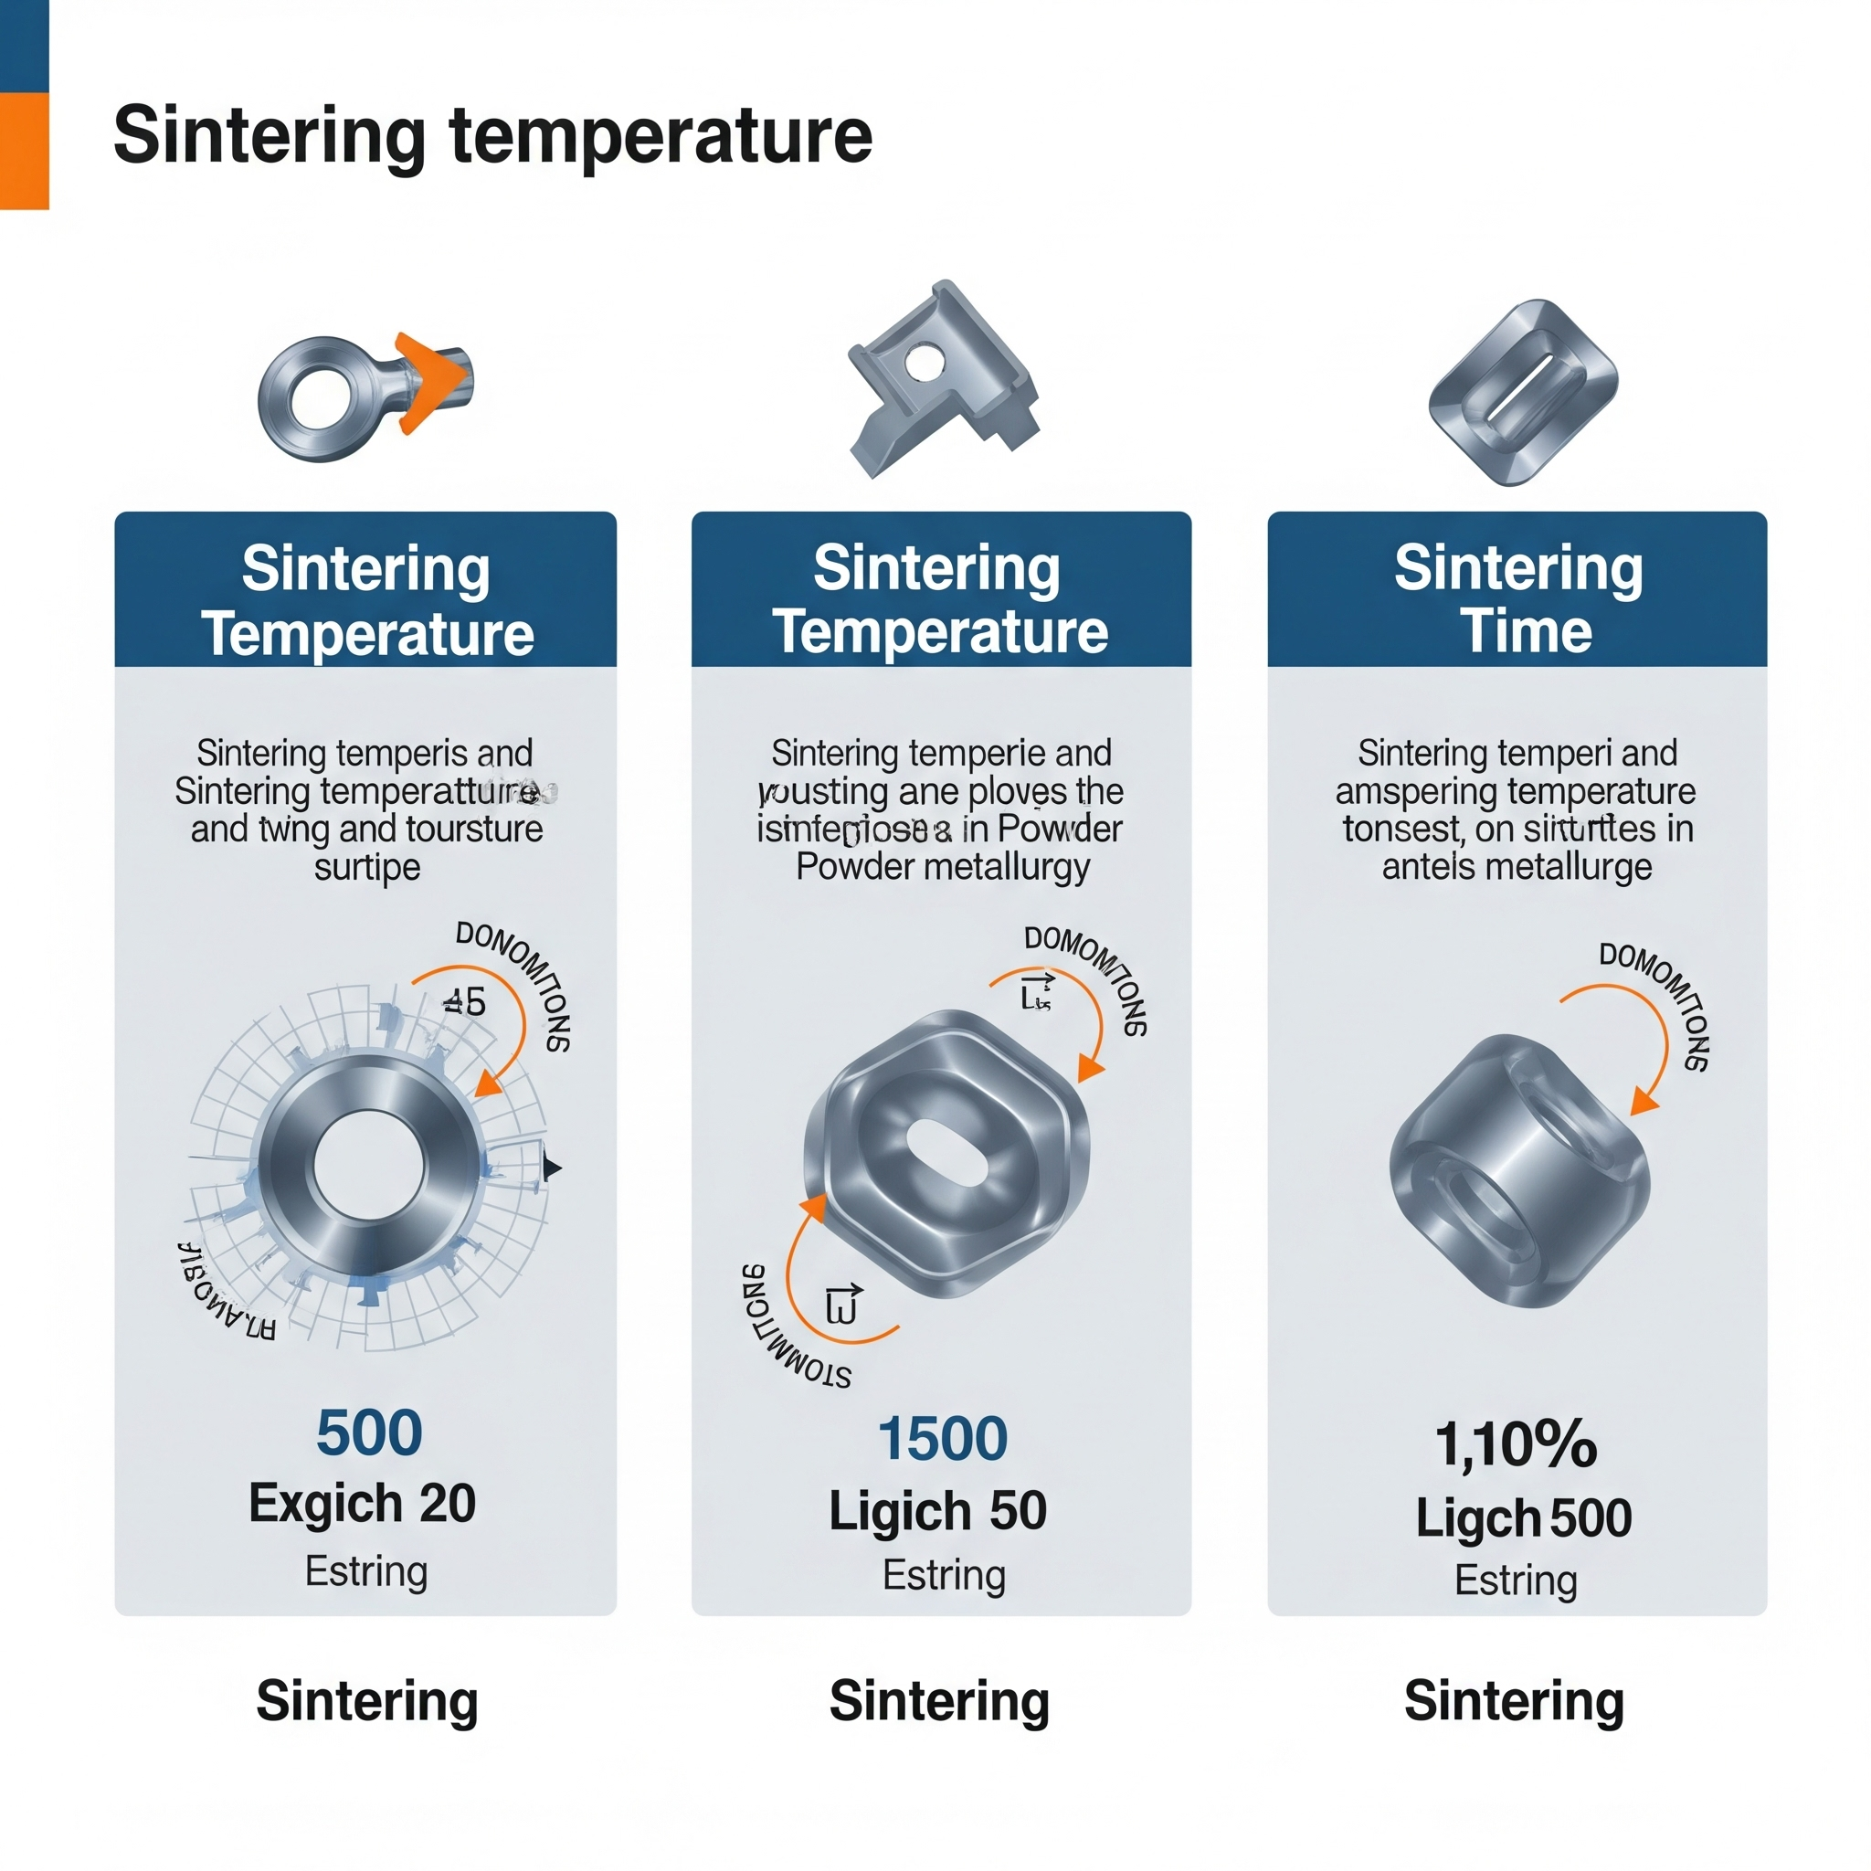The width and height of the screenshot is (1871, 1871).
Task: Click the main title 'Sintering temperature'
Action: (x=492, y=135)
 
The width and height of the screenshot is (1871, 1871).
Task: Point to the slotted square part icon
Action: (x=1522, y=392)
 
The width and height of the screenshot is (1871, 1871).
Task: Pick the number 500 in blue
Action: (x=369, y=1433)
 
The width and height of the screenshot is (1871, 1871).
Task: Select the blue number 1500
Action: (x=942, y=1438)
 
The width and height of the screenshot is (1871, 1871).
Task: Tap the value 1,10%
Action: (x=1516, y=1444)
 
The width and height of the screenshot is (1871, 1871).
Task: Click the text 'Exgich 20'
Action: (x=362, y=1504)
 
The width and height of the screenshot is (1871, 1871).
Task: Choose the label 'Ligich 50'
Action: (x=937, y=1511)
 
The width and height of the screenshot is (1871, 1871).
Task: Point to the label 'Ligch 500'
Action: (x=1522, y=1517)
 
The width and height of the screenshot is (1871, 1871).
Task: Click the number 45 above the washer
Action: (x=465, y=1001)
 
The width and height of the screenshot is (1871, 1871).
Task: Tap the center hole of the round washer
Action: (x=369, y=1165)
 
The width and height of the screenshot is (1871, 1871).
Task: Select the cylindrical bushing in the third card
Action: (x=1517, y=1172)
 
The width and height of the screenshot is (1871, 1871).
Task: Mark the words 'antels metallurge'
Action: (x=1517, y=867)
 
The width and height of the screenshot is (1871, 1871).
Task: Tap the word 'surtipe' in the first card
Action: (x=367, y=867)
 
